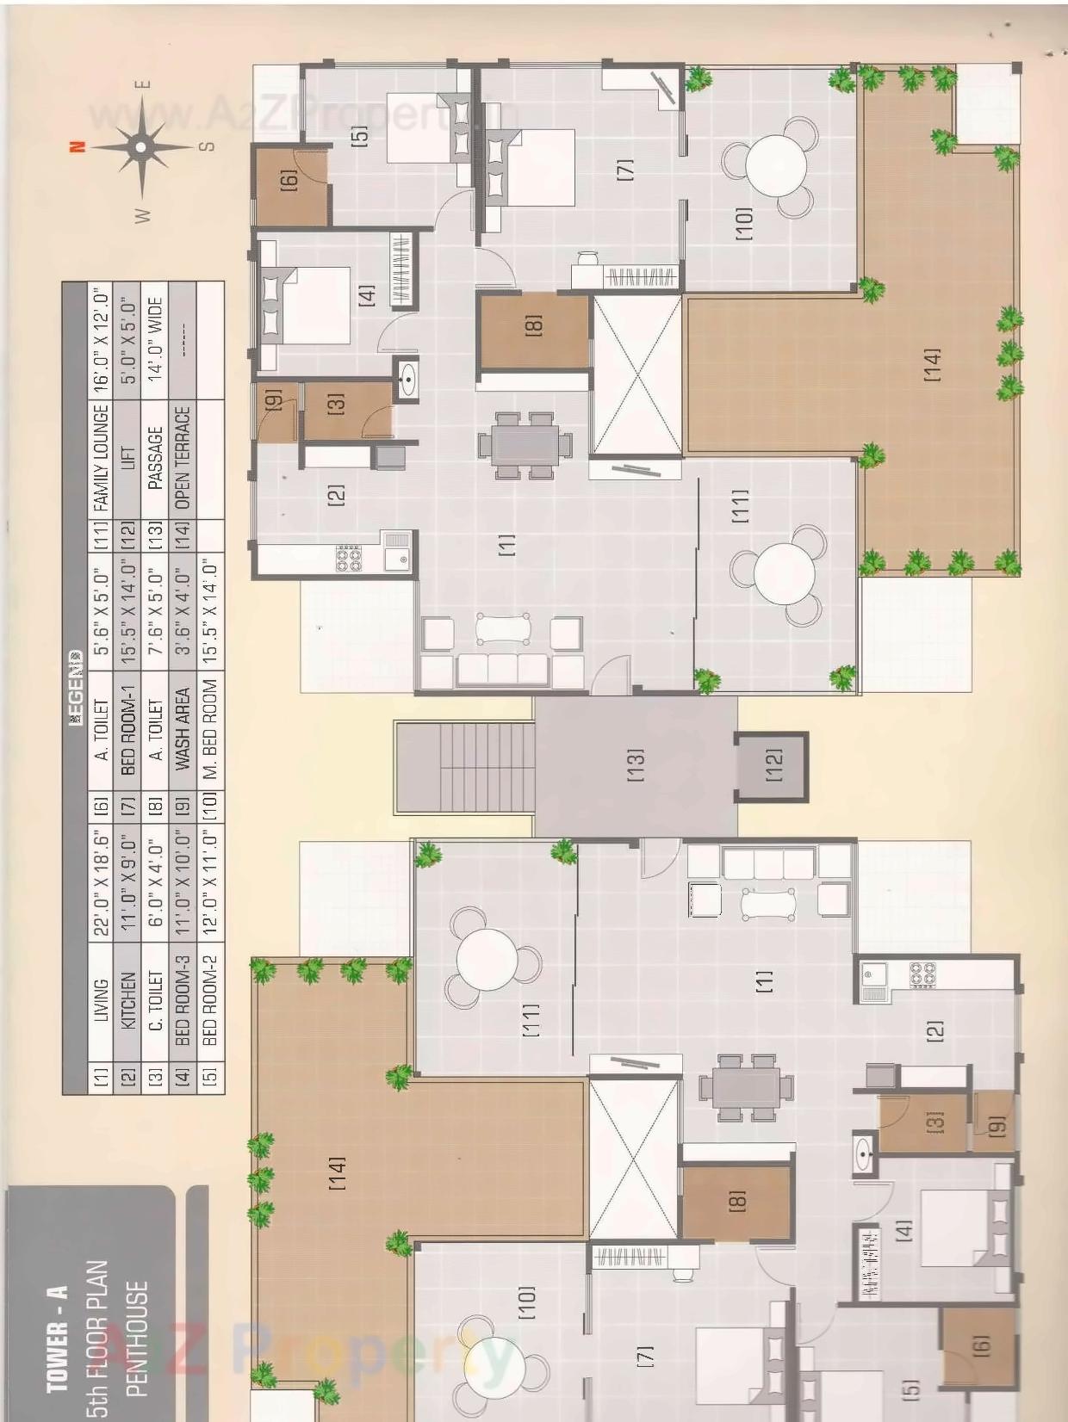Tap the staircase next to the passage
(x=465, y=766)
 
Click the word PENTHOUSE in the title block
(x=136, y=1339)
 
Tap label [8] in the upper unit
(x=534, y=325)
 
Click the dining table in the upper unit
(x=525, y=445)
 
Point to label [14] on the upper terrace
(x=932, y=365)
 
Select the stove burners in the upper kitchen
(x=349, y=559)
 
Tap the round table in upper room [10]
(x=777, y=167)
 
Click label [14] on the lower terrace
(x=337, y=1172)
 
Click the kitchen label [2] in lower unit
(x=935, y=1029)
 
